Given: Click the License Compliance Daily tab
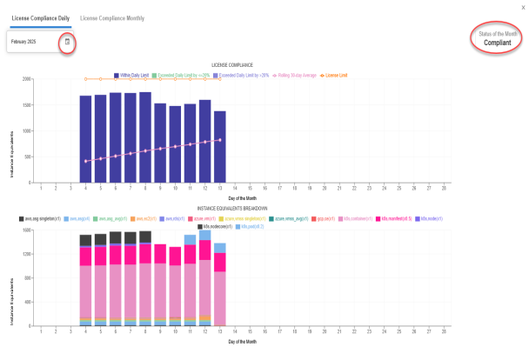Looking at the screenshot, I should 40,17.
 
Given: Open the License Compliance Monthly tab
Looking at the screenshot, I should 112,17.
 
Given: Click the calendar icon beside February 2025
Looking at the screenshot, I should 67,42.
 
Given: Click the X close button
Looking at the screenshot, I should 522,6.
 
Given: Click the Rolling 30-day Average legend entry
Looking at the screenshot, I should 298,77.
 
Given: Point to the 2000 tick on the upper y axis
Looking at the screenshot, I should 27,79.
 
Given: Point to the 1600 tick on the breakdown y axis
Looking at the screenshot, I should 27,230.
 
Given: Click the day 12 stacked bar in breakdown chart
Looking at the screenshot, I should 204,278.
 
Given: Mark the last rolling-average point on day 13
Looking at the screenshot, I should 219,140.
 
